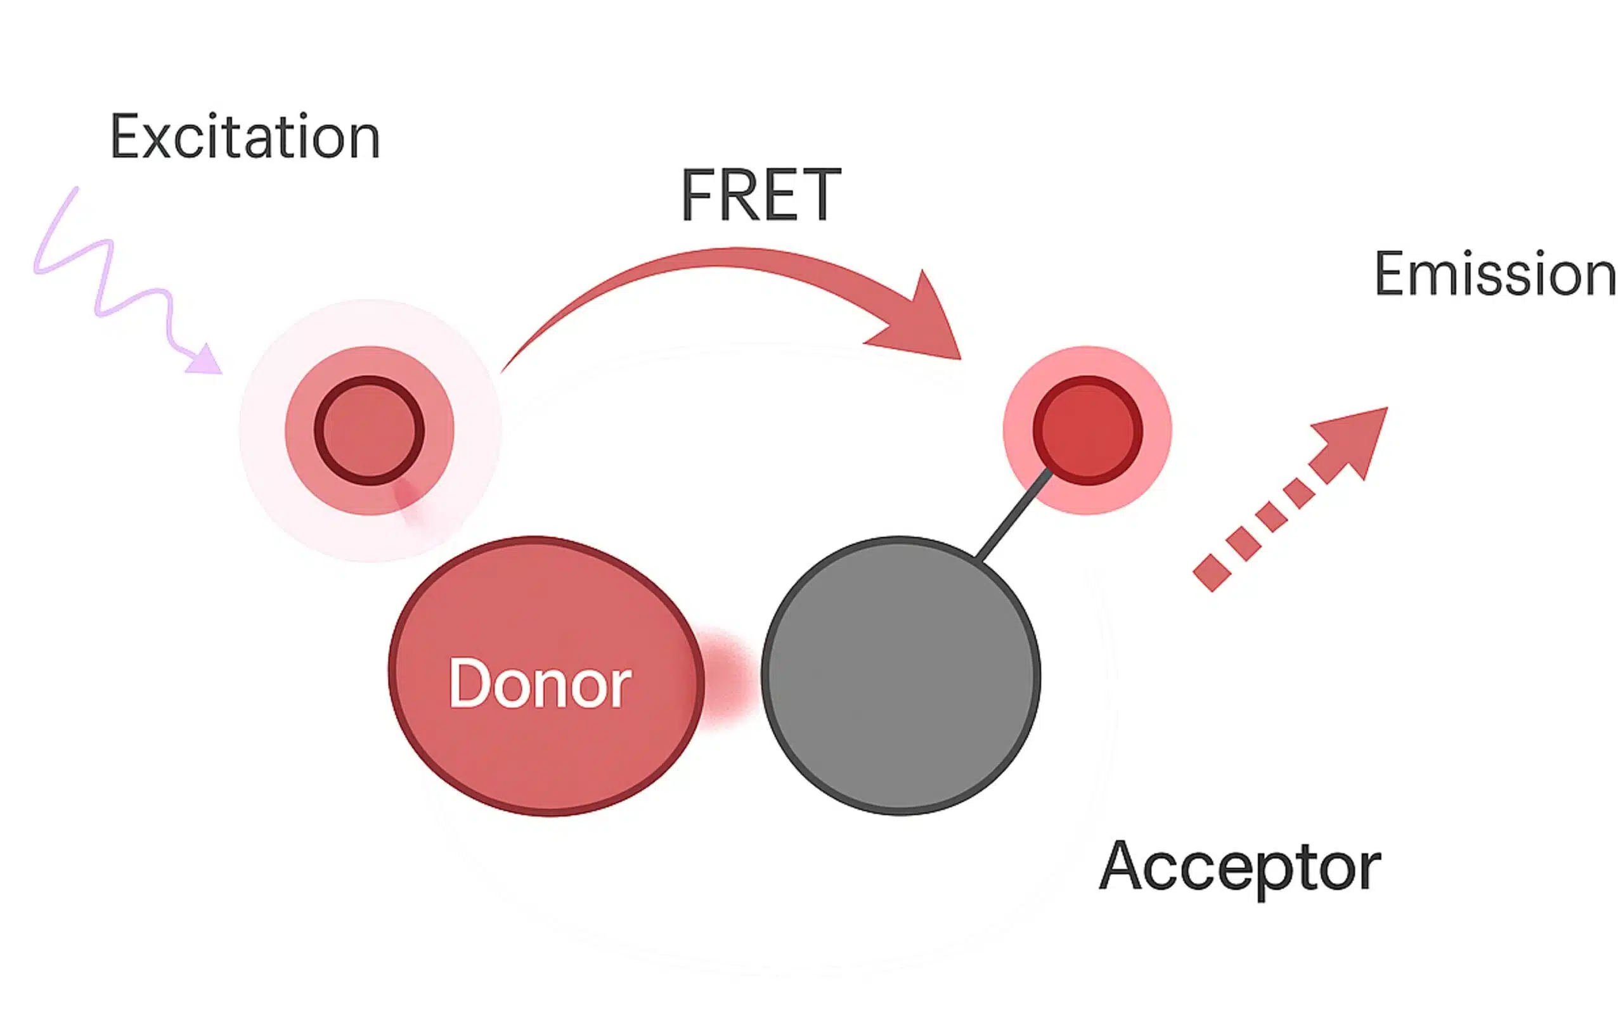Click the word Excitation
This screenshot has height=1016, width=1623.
point(245,137)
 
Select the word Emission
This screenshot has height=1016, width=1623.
point(1495,274)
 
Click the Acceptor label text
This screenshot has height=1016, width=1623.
point(1239,867)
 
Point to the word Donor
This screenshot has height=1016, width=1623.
point(540,684)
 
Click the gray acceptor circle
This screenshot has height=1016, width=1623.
point(900,675)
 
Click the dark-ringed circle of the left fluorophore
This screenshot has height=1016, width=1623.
point(369,430)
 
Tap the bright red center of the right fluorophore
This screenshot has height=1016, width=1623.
point(1087,430)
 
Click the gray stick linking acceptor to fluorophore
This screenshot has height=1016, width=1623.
point(1014,514)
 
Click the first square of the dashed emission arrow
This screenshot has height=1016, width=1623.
point(1212,572)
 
